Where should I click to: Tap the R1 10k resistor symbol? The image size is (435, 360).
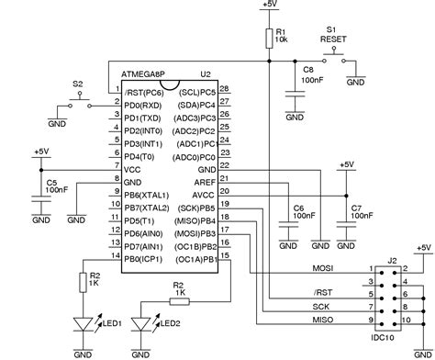pos(269,37)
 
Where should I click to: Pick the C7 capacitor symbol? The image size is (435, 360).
pos(346,219)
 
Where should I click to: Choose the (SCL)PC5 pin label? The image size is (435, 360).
pos(197,92)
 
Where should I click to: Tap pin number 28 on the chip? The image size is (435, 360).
pos(225,88)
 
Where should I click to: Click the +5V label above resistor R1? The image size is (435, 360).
pos(269,6)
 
